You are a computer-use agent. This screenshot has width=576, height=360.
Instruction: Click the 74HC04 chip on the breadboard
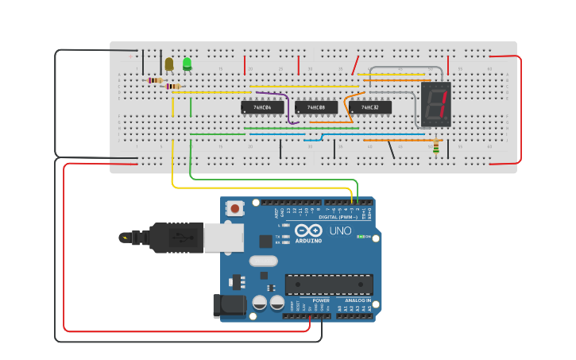262,106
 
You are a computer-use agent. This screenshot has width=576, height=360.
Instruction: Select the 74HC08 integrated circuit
315,106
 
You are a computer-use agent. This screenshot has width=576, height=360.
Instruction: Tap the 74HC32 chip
369,106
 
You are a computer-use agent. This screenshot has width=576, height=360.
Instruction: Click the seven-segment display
436,104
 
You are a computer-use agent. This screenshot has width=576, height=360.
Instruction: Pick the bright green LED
187,64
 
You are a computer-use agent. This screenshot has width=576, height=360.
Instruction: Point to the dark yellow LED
169,64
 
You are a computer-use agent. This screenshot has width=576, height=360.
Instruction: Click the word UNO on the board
341,231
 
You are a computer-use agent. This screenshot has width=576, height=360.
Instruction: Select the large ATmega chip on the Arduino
329,284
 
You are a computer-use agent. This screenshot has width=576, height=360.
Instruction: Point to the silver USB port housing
223,237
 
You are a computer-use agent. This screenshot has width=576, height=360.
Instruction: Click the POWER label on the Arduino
321,300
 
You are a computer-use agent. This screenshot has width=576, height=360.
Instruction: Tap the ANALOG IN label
358,300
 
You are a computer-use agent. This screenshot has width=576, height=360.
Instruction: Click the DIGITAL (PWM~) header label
339,216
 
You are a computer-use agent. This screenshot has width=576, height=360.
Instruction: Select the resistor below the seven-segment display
435,147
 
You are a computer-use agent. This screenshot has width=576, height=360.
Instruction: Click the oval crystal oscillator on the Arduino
263,261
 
